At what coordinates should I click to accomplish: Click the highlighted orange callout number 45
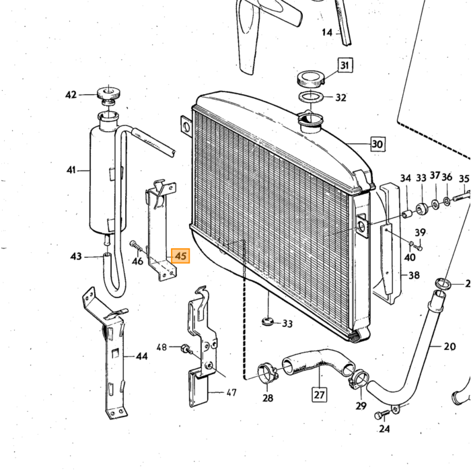click(x=180, y=256)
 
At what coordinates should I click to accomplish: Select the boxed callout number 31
click(x=345, y=65)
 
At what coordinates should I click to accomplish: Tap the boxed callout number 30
click(x=377, y=144)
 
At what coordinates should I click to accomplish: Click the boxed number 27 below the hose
click(x=320, y=394)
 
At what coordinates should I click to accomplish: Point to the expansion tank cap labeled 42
click(x=108, y=94)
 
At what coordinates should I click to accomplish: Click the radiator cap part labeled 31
click(x=311, y=79)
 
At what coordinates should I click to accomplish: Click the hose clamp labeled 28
click(x=266, y=373)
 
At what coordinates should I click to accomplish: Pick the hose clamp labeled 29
click(x=359, y=379)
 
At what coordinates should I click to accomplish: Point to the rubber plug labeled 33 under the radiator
click(x=267, y=321)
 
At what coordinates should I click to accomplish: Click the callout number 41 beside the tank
click(x=71, y=170)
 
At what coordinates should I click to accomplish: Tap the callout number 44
click(x=142, y=357)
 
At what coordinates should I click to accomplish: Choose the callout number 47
click(x=231, y=392)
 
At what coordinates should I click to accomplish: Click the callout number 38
click(x=414, y=275)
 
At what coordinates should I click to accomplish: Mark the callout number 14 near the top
click(x=327, y=32)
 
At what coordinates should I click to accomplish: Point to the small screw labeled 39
click(x=419, y=248)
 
